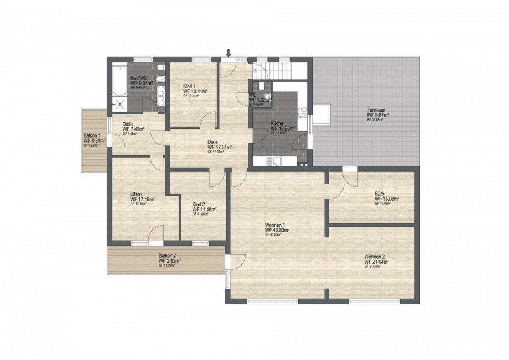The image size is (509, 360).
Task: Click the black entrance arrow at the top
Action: (x=228, y=53)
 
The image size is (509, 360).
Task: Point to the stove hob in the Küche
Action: (x=303, y=112)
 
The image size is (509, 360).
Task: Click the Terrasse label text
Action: (x=376, y=110)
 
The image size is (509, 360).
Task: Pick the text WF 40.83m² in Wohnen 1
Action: (x=278, y=230)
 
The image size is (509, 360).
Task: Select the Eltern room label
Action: (x=136, y=194)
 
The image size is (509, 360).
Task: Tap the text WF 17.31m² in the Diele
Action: (x=220, y=147)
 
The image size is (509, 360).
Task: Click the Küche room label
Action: (x=277, y=123)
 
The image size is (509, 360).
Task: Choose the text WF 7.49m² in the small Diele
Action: (x=133, y=129)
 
